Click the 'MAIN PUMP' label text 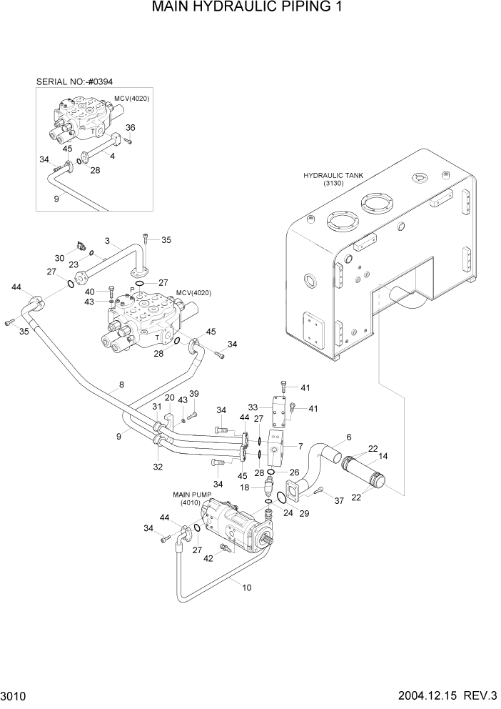[x=188, y=494]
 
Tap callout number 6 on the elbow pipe [x=349, y=437]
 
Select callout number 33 [x=253, y=407]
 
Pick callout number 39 [x=193, y=394]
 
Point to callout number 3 [x=107, y=242]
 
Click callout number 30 [x=60, y=258]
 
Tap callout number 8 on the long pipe [x=121, y=385]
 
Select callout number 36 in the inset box [x=130, y=128]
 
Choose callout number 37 [x=339, y=501]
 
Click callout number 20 [x=170, y=398]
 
